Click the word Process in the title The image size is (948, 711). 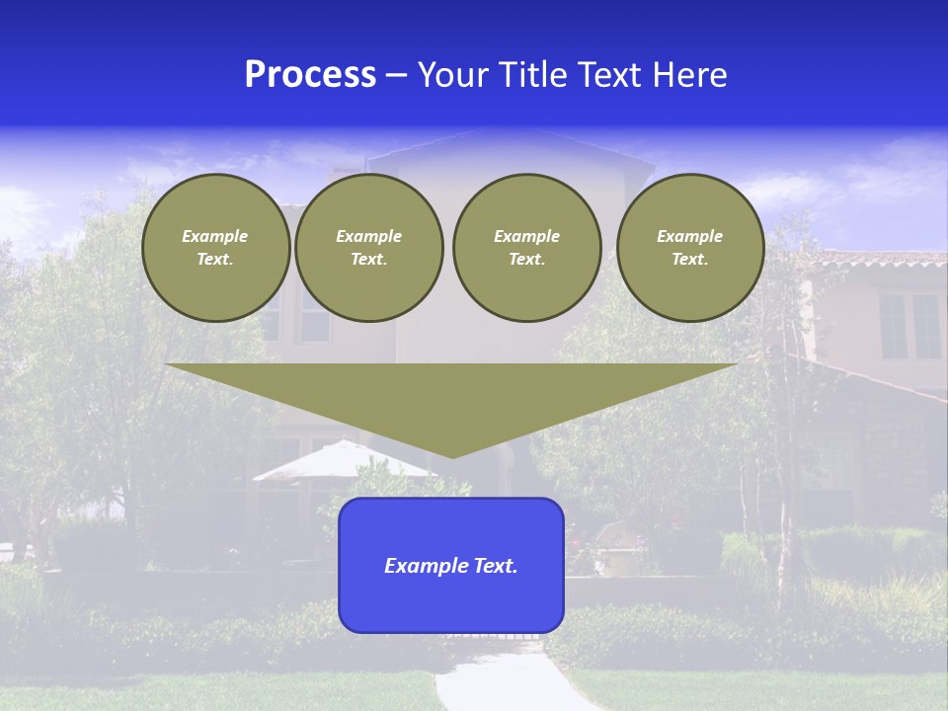[x=310, y=75]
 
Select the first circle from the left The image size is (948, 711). [x=216, y=248]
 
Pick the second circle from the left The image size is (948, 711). [x=369, y=248]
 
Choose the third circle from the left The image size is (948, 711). [x=527, y=248]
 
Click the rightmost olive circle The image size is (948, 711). [x=690, y=248]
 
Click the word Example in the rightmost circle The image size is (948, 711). [x=690, y=236]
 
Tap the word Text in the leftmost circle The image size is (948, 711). [x=215, y=260]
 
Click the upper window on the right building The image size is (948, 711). [x=909, y=326]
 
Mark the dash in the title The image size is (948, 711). [x=396, y=76]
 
